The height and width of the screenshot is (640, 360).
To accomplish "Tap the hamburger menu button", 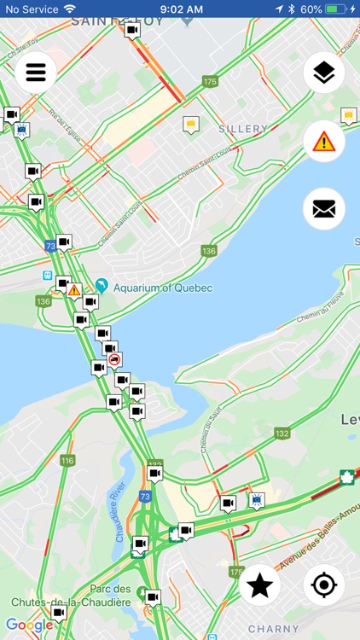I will click(35, 72).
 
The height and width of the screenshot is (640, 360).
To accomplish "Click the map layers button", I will click(324, 73).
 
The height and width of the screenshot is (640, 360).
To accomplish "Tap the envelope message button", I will click(324, 209).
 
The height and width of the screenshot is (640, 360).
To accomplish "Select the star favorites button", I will click(260, 585).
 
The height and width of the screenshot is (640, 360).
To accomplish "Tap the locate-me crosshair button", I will click(324, 585).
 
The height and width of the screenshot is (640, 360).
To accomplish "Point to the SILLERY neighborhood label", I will click(243, 129).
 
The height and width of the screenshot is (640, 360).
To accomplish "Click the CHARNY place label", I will click(274, 630).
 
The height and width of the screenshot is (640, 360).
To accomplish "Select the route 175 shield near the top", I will click(210, 82).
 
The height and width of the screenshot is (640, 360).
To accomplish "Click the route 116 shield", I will click(67, 461).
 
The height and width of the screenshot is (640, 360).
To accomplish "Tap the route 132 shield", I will click(282, 433).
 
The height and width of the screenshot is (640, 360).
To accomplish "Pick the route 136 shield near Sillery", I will click(209, 251).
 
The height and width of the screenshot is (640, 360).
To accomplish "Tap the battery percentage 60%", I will click(311, 9).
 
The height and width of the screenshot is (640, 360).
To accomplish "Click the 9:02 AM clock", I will click(181, 9).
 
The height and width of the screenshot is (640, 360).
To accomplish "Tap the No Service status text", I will click(31, 9).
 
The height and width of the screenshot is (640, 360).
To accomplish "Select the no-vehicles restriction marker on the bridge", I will click(114, 359).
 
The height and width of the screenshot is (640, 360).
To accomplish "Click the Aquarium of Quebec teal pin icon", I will click(102, 286).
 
